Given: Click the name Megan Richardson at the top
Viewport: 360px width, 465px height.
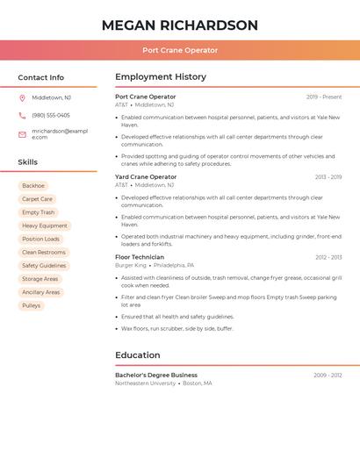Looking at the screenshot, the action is pyautogui.click(x=180, y=25).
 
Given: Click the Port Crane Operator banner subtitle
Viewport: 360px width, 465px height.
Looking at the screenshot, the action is pyautogui.click(x=180, y=51).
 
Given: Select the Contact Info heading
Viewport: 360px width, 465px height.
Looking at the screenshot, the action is pyautogui.click(x=40, y=77).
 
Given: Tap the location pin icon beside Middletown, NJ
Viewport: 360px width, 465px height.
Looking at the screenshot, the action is pyautogui.click(x=22, y=97).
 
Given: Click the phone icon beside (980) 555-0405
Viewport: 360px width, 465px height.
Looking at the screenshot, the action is pyautogui.click(x=22, y=115).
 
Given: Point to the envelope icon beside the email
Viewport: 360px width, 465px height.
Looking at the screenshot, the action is pyautogui.click(x=22, y=134).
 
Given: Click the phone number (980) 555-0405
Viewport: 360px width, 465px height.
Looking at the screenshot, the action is pyautogui.click(x=51, y=115).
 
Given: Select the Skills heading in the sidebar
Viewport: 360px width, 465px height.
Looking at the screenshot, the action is pyautogui.click(x=28, y=162).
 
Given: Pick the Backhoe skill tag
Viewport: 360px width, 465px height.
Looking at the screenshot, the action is pyautogui.click(x=33, y=186).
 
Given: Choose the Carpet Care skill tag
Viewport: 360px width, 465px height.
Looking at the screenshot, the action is pyautogui.click(x=37, y=199).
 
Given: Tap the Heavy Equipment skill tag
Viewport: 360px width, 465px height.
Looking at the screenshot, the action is pyautogui.click(x=44, y=225).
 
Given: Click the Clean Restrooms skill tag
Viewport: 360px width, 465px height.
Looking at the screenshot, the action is pyautogui.click(x=44, y=253).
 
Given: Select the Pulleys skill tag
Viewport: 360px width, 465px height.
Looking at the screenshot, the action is pyautogui.click(x=32, y=305).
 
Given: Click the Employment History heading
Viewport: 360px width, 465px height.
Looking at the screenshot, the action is pyautogui.click(x=161, y=77).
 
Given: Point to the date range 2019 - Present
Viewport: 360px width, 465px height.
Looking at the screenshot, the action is pyautogui.click(x=324, y=97).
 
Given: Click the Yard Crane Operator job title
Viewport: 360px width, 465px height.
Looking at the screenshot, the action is pyautogui.click(x=146, y=177).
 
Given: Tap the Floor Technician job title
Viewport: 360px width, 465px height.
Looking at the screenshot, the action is pyautogui.click(x=140, y=257).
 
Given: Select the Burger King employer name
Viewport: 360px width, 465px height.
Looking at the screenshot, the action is pyautogui.click(x=131, y=265).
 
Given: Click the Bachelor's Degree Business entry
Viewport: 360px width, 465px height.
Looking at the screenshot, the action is pyautogui.click(x=156, y=376).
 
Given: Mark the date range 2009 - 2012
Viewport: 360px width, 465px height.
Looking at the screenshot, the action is pyautogui.click(x=328, y=376).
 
